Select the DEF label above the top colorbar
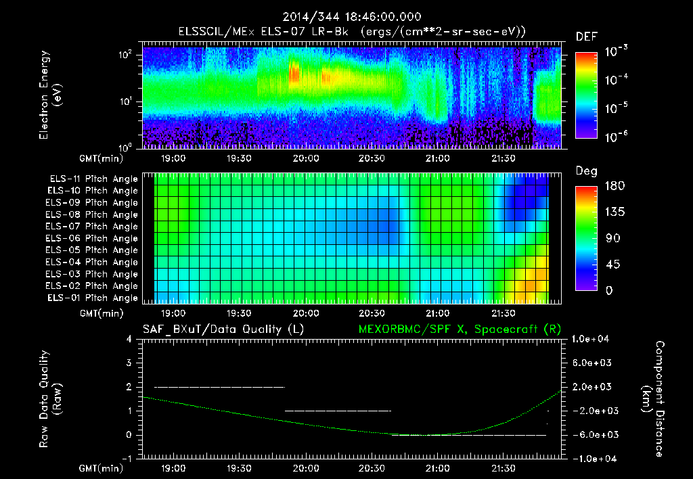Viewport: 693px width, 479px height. click(586, 37)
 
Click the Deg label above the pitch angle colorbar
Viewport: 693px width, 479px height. click(586, 171)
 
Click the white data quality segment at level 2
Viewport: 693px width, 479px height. click(219, 387)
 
